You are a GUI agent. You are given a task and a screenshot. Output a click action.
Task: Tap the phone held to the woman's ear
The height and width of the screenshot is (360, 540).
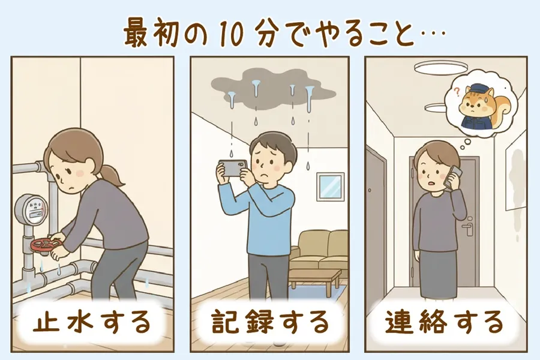tap(454, 178)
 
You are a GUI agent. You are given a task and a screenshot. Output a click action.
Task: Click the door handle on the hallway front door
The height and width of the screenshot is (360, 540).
tap(469, 228)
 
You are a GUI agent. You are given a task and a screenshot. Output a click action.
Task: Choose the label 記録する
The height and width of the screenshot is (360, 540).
tap(271, 322)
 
